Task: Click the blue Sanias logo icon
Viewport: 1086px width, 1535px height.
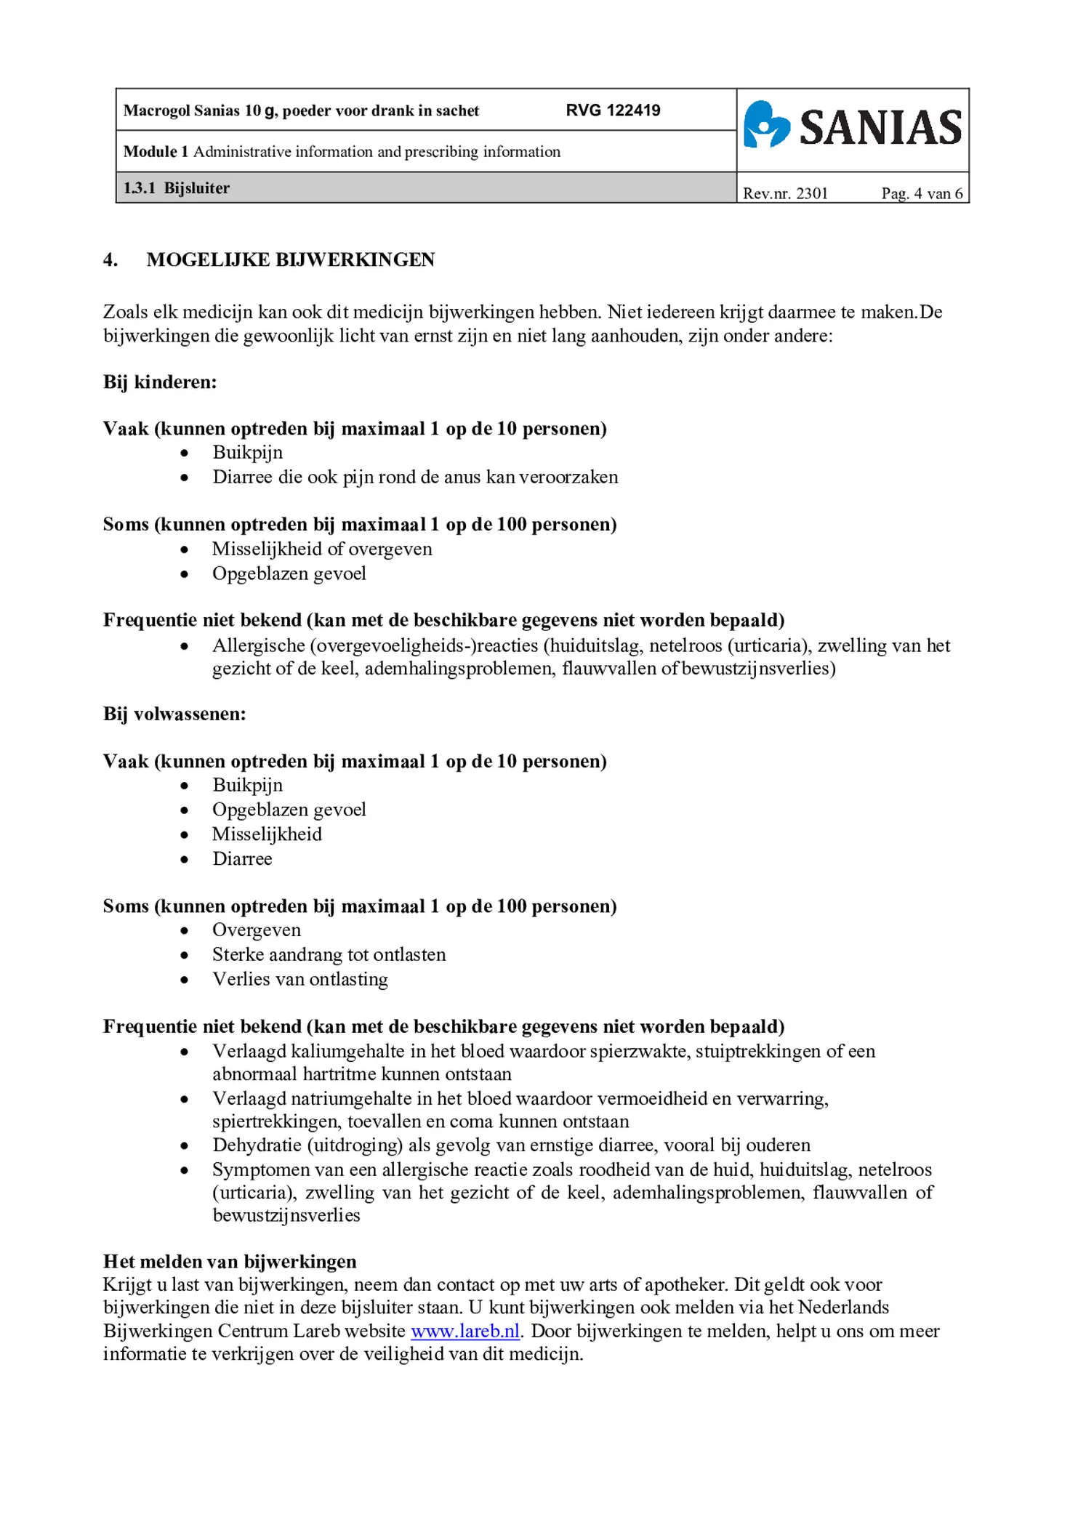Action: tap(765, 125)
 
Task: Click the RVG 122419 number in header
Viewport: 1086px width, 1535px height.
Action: tap(613, 110)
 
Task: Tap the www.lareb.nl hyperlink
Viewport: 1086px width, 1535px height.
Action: tap(465, 1331)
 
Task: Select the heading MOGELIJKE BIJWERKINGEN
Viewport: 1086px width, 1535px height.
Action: tap(290, 259)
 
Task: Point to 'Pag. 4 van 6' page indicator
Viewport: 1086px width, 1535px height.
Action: tap(921, 193)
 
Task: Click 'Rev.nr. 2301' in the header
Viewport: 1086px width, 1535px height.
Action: tap(785, 193)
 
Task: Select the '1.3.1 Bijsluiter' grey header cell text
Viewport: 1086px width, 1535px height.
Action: tap(177, 188)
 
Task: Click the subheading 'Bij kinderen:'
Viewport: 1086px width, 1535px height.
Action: tap(160, 382)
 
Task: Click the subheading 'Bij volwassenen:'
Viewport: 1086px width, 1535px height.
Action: tap(174, 714)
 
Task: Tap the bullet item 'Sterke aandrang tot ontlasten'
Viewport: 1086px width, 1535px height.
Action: tap(329, 954)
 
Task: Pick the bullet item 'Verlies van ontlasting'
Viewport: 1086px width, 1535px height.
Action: tap(299, 979)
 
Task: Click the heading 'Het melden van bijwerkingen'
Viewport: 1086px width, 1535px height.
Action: tap(230, 1261)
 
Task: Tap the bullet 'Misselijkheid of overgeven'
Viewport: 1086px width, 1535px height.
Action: tap(322, 549)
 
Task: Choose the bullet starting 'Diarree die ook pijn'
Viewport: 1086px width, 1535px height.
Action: tap(414, 477)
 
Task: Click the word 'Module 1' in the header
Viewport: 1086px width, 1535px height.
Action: tap(156, 152)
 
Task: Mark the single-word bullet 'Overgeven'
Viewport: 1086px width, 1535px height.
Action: tap(256, 930)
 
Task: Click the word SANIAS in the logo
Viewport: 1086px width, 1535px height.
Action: tap(880, 127)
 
